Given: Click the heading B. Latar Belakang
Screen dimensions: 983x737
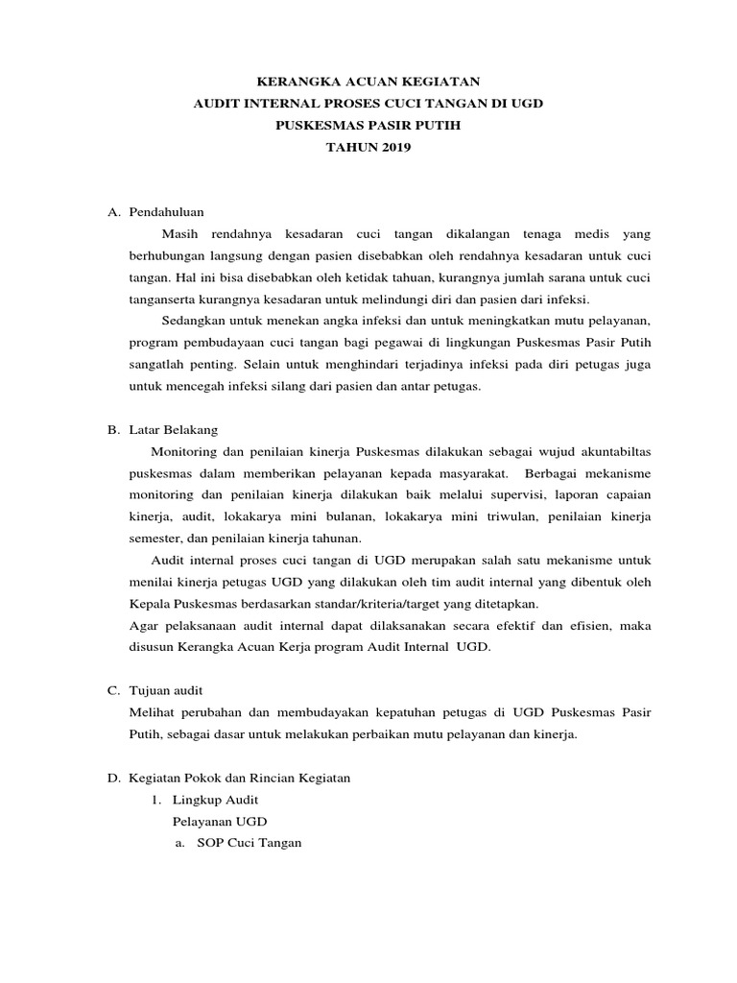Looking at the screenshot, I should [162, 430].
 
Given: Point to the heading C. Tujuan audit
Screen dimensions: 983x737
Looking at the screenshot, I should [155, 690].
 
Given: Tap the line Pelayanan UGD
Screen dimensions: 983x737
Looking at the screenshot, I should [220, 822].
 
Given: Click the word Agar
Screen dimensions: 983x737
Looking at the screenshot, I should [142, 626].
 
